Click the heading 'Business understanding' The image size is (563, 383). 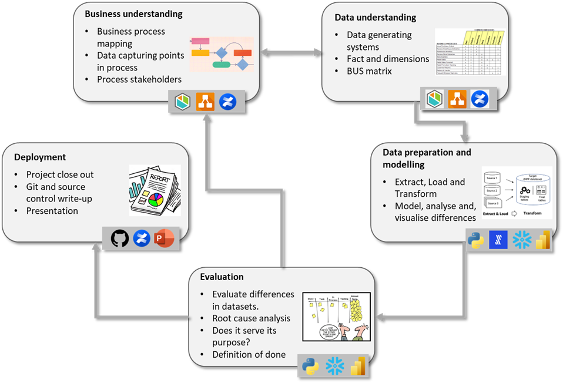(133, 14)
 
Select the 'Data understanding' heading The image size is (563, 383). (376, 18)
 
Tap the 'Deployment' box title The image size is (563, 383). (40, 157)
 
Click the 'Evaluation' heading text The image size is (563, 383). (222, 277)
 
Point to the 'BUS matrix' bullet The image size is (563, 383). (369, 71)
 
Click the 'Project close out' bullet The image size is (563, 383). (60, 174)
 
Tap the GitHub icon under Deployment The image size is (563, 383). (120, 238)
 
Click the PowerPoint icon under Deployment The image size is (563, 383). (163, 238)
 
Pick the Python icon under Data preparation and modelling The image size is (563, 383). (476, 240)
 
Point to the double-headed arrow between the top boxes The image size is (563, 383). (290, 52)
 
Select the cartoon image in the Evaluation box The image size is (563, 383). (336, 317)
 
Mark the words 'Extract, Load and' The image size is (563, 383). (430, 182)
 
